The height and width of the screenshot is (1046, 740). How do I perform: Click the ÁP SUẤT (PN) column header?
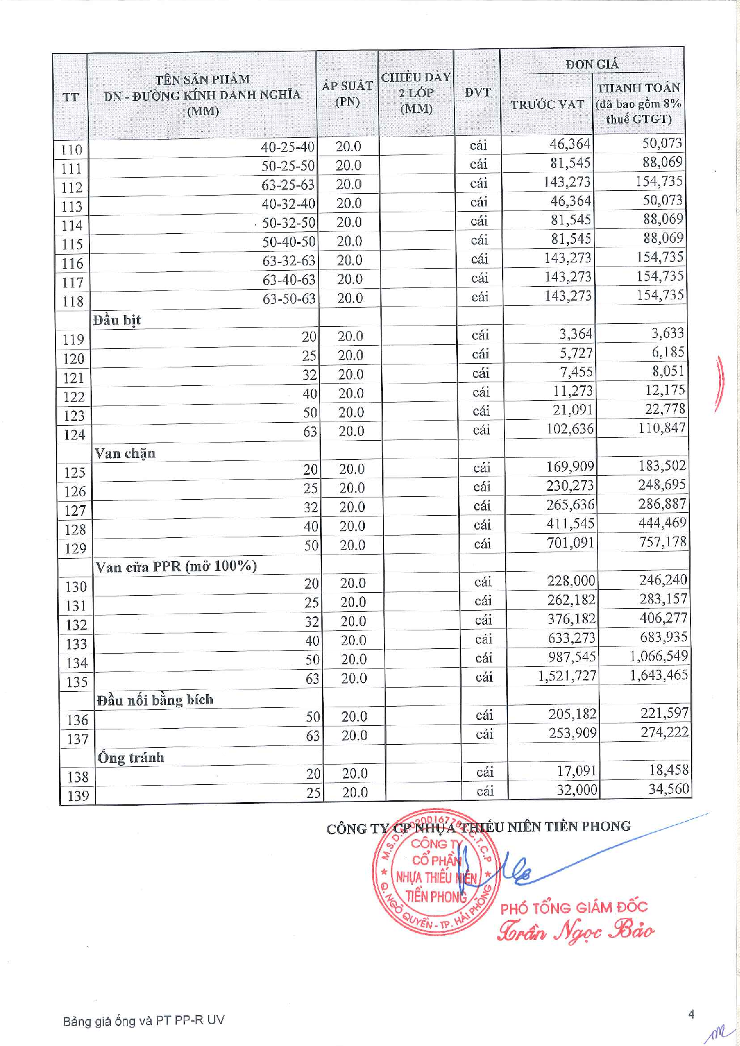347,94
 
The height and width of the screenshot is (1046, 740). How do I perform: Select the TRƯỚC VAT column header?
547,104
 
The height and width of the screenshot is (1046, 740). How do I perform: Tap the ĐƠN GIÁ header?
592,64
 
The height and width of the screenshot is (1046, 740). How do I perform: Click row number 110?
71,150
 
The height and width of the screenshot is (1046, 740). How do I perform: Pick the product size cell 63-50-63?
289,299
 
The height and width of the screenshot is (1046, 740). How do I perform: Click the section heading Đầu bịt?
117,320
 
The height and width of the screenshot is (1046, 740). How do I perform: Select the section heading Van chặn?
125,454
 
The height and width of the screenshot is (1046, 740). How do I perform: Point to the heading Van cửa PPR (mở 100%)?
176,567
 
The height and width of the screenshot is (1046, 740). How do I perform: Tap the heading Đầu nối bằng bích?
155,700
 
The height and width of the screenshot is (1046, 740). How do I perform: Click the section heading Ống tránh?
131,758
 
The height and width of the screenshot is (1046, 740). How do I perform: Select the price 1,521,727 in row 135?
566,676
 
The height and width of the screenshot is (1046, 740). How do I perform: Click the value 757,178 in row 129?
662,542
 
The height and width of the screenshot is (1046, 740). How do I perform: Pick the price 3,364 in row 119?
575,334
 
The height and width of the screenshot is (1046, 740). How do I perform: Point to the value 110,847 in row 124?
661,428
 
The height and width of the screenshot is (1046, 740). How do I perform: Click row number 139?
78,796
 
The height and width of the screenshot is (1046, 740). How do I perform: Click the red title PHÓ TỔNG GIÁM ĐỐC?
574,908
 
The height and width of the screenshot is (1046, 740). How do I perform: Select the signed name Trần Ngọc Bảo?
575,931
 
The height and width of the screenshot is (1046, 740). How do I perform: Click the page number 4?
691,1014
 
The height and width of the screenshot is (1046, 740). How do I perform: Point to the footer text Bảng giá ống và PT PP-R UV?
144,1020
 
